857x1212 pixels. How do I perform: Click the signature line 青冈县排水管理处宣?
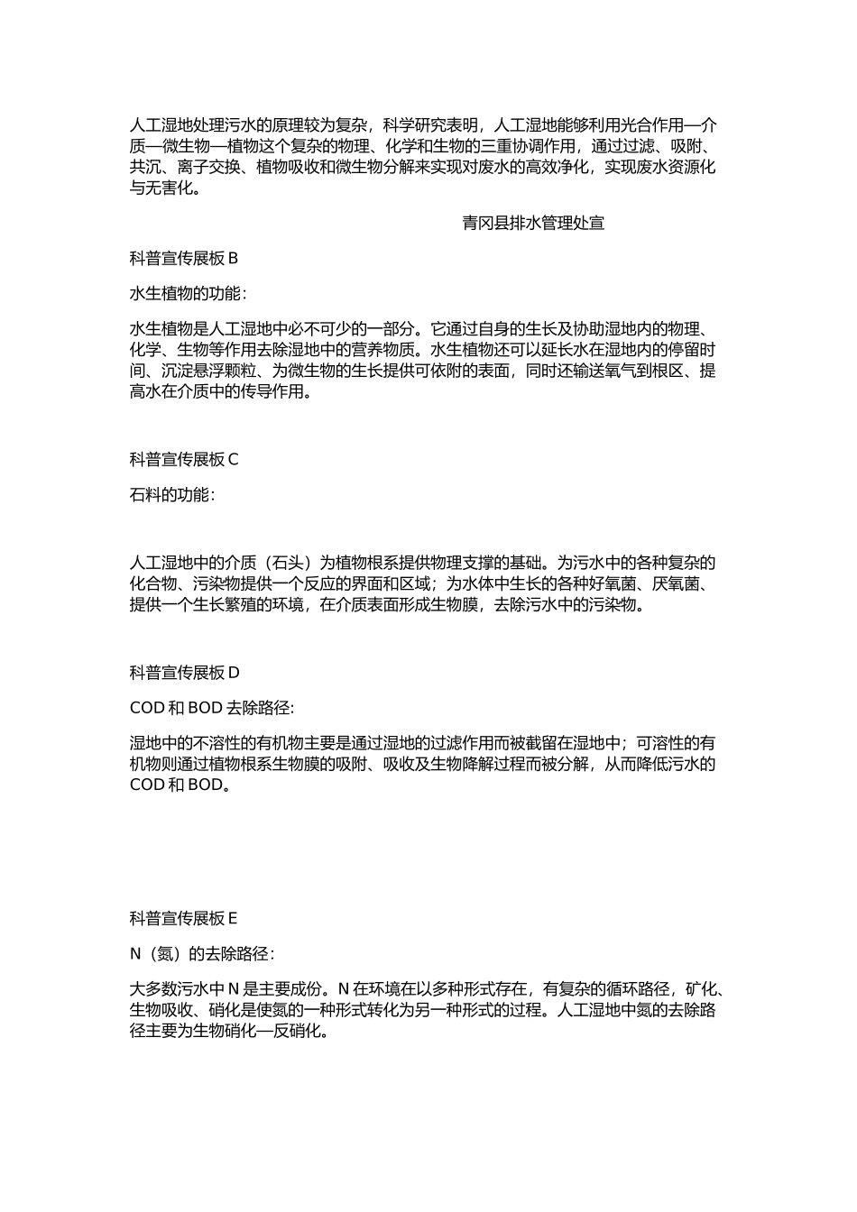pos(533,223)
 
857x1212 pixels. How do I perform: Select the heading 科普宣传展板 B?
pos(183,258)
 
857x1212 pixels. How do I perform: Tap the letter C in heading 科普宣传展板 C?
pos(233,459)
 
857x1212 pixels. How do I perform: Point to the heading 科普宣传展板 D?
pos(184,672)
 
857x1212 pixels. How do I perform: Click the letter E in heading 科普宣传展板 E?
pos(232,918)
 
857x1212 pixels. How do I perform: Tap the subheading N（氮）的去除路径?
pos(201,953)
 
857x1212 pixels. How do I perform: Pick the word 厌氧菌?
pos(675,583)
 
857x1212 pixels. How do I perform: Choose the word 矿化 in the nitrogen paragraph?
pos(699,989)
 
